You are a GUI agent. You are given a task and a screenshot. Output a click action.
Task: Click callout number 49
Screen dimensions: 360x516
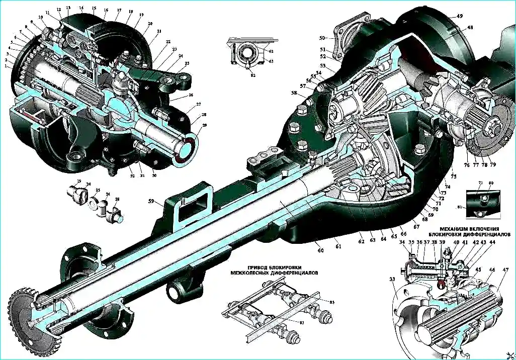click(x=459, y=16)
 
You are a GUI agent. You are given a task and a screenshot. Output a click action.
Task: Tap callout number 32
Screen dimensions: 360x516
click(x=131, y=176)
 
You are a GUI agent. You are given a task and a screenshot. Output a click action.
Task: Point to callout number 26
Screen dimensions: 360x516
click(x=191, y=95)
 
